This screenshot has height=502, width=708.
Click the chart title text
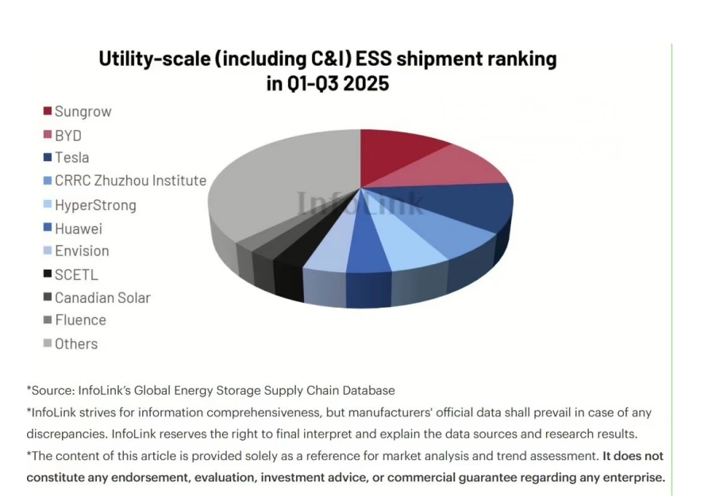coord(327,70)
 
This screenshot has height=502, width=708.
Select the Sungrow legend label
coord(83,112)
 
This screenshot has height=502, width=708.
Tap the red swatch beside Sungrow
coord(48,111)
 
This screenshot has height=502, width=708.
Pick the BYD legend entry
coord(68,136)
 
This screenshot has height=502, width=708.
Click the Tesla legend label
coord(71,158)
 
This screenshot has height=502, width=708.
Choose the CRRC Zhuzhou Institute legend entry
coord(130,181)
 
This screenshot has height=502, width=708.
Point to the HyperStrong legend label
coord(95,205)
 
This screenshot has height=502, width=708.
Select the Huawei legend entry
coord(79,229)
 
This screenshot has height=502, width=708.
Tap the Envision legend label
coord(82,251)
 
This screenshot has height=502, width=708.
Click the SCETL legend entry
coord(76,275)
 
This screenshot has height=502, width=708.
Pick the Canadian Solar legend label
coord(102,298)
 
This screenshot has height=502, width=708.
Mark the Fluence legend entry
coord(80,320)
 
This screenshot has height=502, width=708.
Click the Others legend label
coord(76,344)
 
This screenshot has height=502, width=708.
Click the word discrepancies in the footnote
coord(67,435)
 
